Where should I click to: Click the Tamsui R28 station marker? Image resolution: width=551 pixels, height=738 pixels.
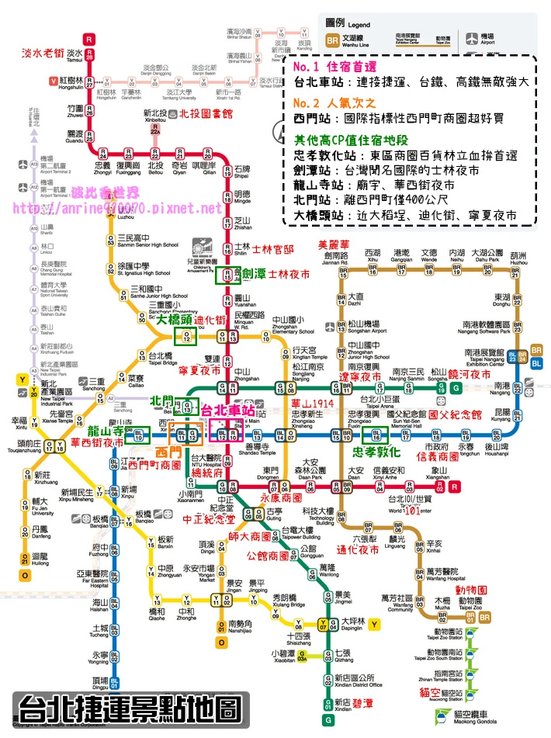[90, 54]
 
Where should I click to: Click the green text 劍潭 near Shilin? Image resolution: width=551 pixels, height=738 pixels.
[254, 275]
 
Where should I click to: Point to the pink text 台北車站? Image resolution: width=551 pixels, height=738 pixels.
[228, 410]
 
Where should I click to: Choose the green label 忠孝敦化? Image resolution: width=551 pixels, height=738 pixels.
[377, 452]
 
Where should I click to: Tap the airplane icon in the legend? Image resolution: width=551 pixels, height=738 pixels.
[471, 37]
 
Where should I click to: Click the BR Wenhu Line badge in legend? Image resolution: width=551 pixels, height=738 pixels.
[331, 38]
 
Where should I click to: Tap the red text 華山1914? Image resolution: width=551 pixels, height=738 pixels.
[313, 404]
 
